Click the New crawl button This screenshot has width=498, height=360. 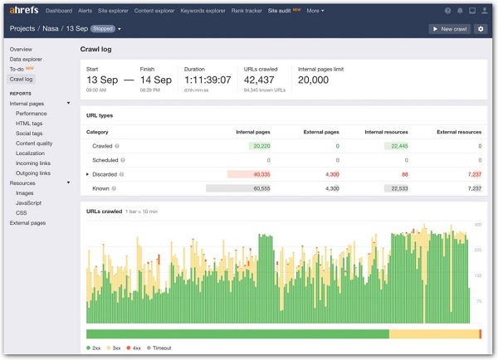[x=449, y=29]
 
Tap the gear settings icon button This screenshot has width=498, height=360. [x=481, y=29]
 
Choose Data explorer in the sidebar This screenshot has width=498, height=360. [x=27, y=60]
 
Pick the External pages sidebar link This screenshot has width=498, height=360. [x=28, y=223]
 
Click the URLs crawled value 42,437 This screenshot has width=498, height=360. [x=264, y=80]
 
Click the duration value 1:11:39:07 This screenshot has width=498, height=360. [x=207, y=80]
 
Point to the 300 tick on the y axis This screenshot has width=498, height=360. [x=477, y=225]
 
